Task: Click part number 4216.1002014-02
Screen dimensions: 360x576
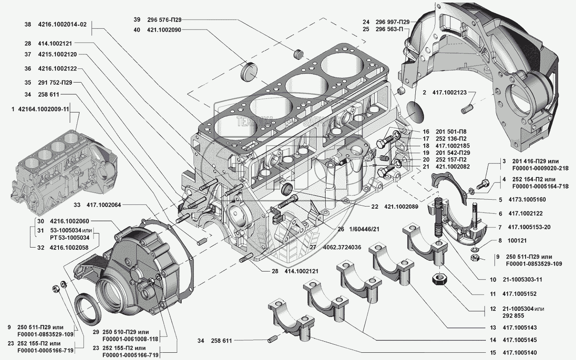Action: coord(62,25)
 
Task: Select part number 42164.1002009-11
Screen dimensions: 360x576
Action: coord(44,109)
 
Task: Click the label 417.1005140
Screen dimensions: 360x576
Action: coord(520,353)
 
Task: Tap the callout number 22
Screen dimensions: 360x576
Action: coord(375,207)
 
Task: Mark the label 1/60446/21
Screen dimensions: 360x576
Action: coord(364,229)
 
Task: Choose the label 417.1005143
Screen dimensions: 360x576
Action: coord(520,328)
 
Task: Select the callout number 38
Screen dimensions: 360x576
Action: coord(28,25)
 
